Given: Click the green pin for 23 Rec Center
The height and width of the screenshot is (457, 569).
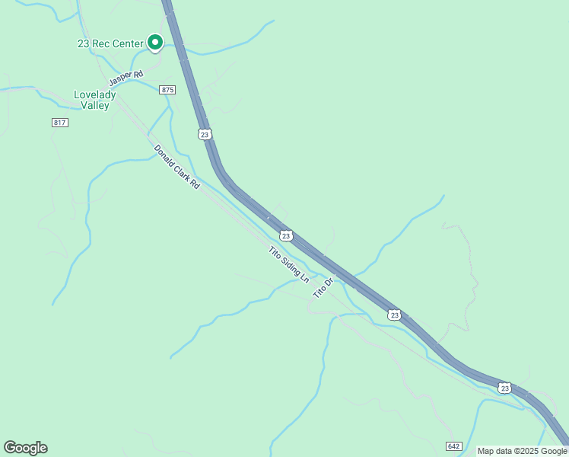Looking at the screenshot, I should point(155,43).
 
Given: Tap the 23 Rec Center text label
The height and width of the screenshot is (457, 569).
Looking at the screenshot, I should point(110,44).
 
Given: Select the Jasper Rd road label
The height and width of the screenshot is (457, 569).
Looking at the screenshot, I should point(126,78).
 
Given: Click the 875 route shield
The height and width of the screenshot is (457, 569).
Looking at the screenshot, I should point(168,90).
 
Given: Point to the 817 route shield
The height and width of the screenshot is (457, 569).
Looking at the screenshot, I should point(60,123).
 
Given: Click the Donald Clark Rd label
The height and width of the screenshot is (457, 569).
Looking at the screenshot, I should point(176,167).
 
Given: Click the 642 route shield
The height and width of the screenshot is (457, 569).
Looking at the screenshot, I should point(454,446).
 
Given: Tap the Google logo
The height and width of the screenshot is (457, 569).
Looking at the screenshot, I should point(25,448).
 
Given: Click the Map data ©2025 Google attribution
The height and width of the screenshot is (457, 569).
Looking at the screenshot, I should point(522,451).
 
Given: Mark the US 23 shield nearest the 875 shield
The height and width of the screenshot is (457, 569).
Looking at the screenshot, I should point(205,134).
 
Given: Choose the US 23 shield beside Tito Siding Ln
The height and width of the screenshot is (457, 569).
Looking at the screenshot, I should point(285,235).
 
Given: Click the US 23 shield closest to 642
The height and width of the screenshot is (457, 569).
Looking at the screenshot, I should point(504,388).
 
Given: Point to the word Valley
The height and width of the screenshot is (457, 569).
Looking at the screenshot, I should point(95,106).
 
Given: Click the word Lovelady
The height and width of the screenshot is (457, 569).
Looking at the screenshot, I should point(95,94).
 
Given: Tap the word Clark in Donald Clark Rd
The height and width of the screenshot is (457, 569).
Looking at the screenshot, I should point(179,170).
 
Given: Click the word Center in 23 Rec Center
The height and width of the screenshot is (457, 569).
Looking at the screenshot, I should point(127,44).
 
